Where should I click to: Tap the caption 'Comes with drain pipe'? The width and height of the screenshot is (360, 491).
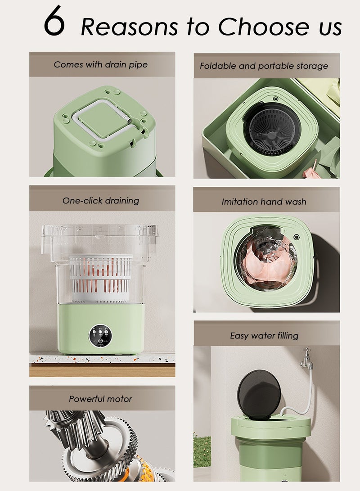point(101,64)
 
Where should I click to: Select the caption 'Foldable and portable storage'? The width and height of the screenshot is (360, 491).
point(264,66)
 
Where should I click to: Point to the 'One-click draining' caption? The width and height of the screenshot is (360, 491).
point(101,201)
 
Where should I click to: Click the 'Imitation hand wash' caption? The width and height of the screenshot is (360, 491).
point(264,202)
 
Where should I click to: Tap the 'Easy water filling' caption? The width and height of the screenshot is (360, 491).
point(264,336)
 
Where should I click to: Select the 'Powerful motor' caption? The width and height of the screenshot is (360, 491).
point(100,399)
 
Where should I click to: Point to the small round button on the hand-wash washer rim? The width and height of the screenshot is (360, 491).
point(297,237)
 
